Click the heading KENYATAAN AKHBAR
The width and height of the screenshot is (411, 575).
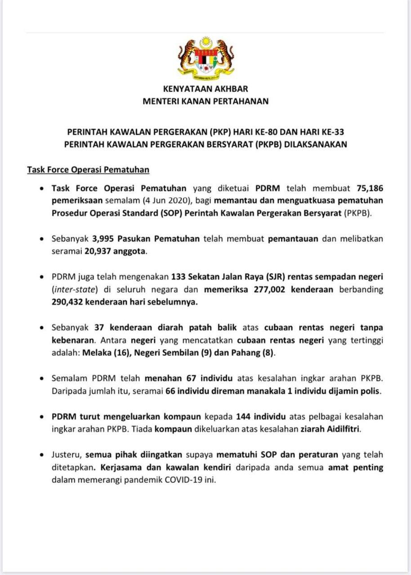pyautogui.click(x=205, y=89)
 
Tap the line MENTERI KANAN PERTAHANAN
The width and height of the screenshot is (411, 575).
pyautogui.click(x=205, y=101)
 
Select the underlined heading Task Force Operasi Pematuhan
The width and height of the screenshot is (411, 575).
pyautogui.click(x=88, y=170)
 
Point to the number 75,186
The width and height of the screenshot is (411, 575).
pyautogui.click(x=370, y=188)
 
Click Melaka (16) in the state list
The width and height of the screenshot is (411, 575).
pyautogui.click(x=98, y=353)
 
